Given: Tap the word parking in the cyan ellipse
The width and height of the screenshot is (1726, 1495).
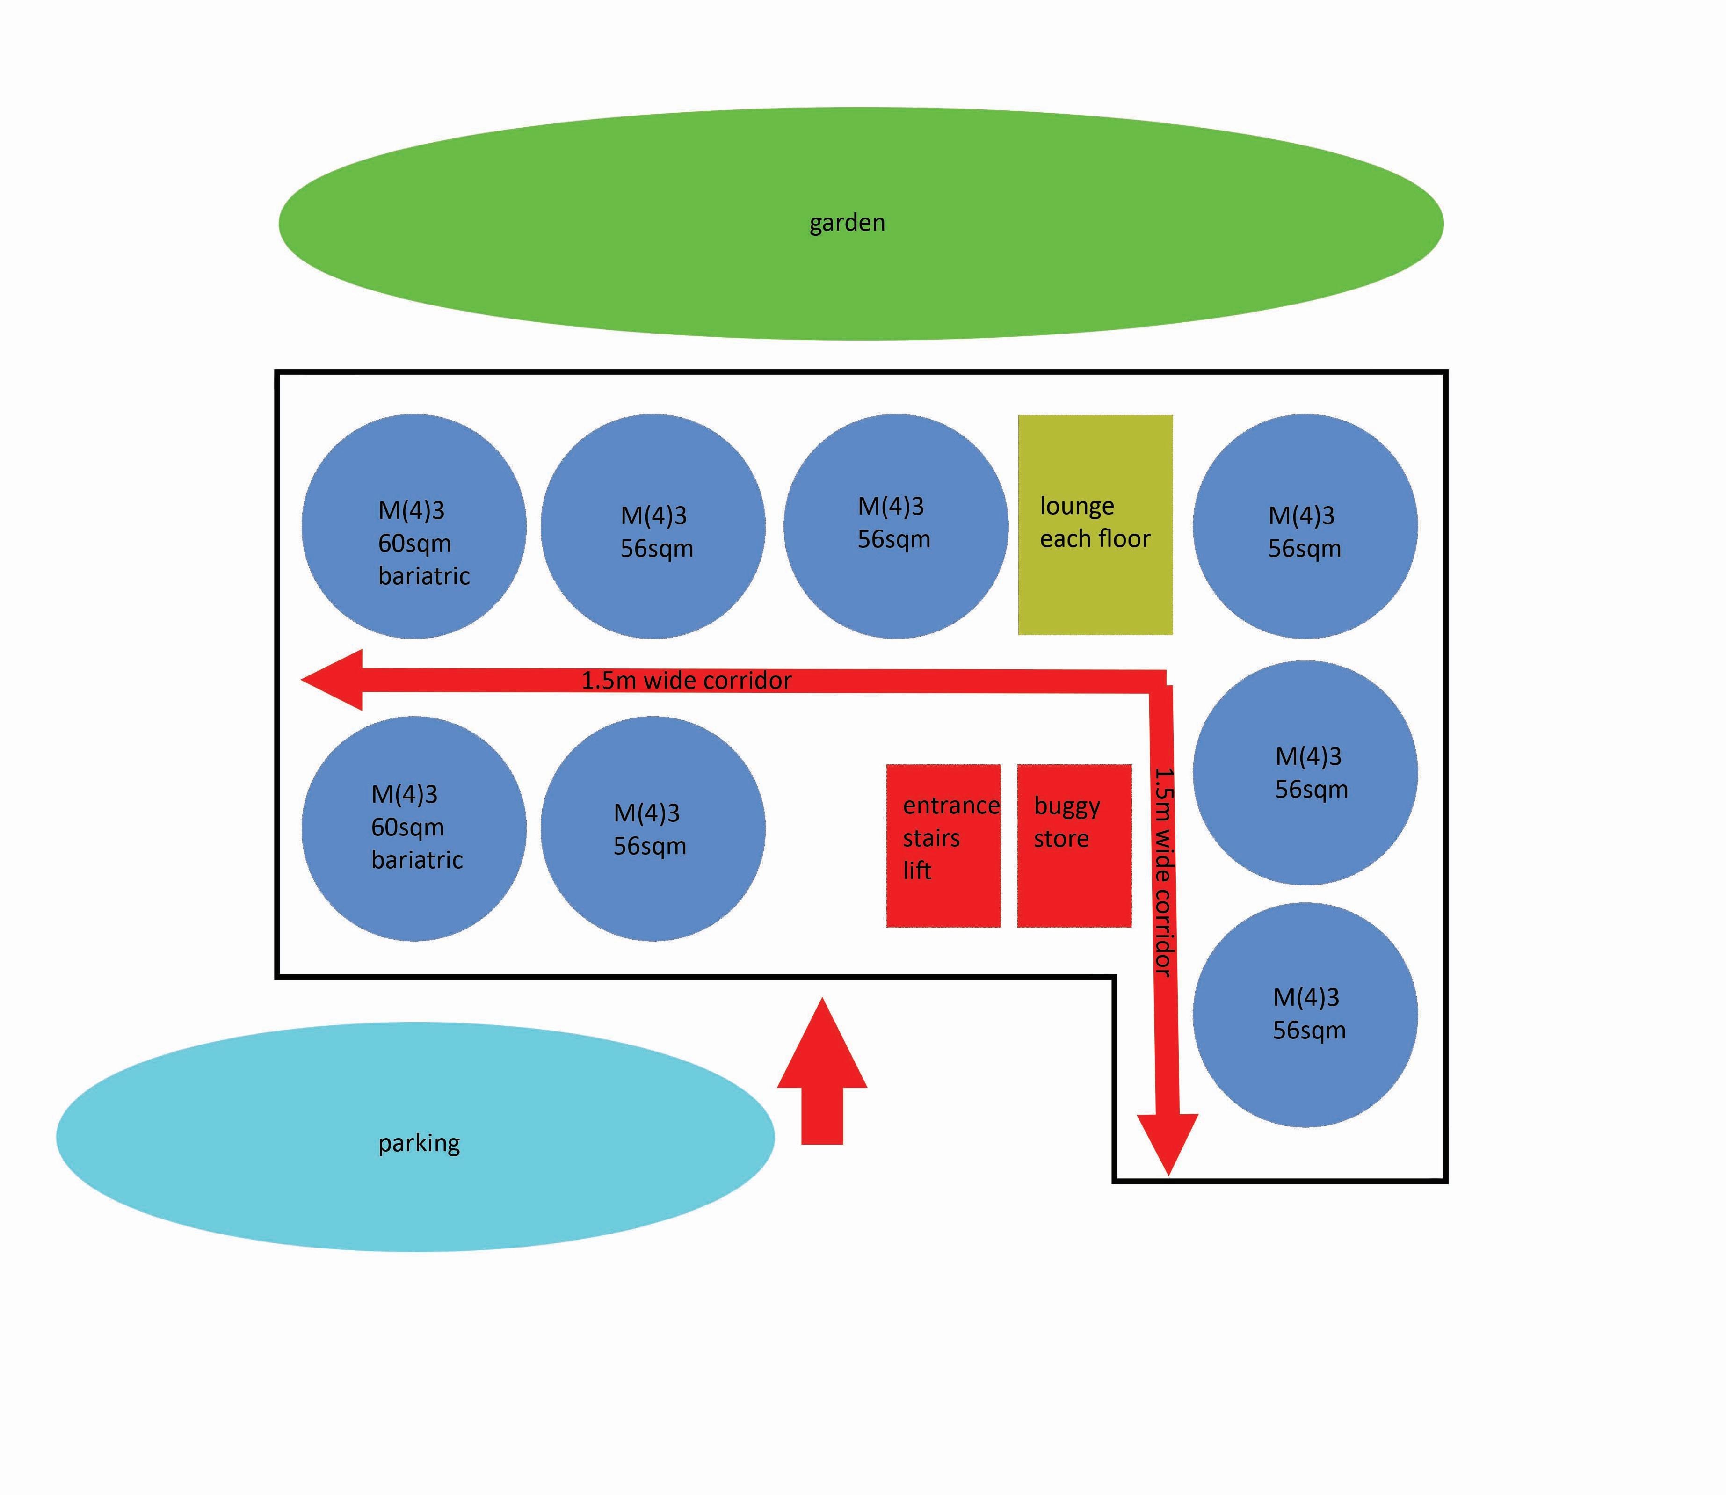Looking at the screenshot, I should (419, 1142).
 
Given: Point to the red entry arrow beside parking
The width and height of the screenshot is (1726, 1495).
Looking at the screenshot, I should (822, 1076).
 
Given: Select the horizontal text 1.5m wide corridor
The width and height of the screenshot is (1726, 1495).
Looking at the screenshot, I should (686, 681).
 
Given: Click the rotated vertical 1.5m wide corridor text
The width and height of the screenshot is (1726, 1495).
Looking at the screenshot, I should (1164, 872).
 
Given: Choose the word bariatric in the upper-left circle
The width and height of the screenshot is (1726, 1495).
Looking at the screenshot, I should (424, 576).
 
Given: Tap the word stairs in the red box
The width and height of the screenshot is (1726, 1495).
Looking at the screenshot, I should (931, 838).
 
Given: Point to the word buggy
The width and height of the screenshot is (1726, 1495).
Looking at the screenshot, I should (1066, 807).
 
